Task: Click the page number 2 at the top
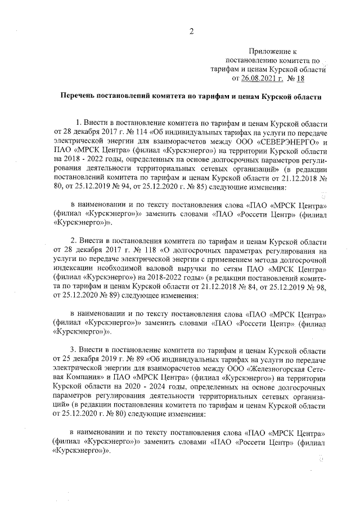[x=191, y=31]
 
